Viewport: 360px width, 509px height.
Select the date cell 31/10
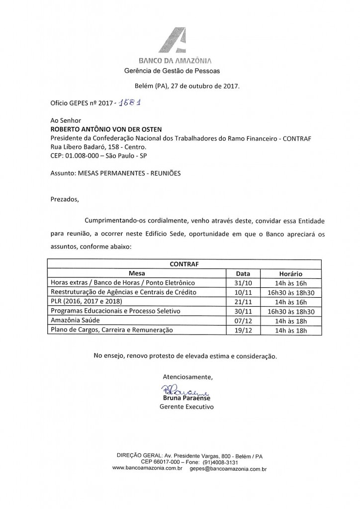(x=243, y=283)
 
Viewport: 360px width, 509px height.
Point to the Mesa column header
(x=137, y=273)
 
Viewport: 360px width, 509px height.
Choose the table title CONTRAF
(x=184, y=264)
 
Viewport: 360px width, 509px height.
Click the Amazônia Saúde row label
(x=75, y=320)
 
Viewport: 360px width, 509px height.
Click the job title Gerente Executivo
(x=186, y=407)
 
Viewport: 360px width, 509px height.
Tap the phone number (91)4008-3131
(x=224, y=462)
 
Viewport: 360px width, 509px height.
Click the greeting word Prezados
(x=65, y=200)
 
